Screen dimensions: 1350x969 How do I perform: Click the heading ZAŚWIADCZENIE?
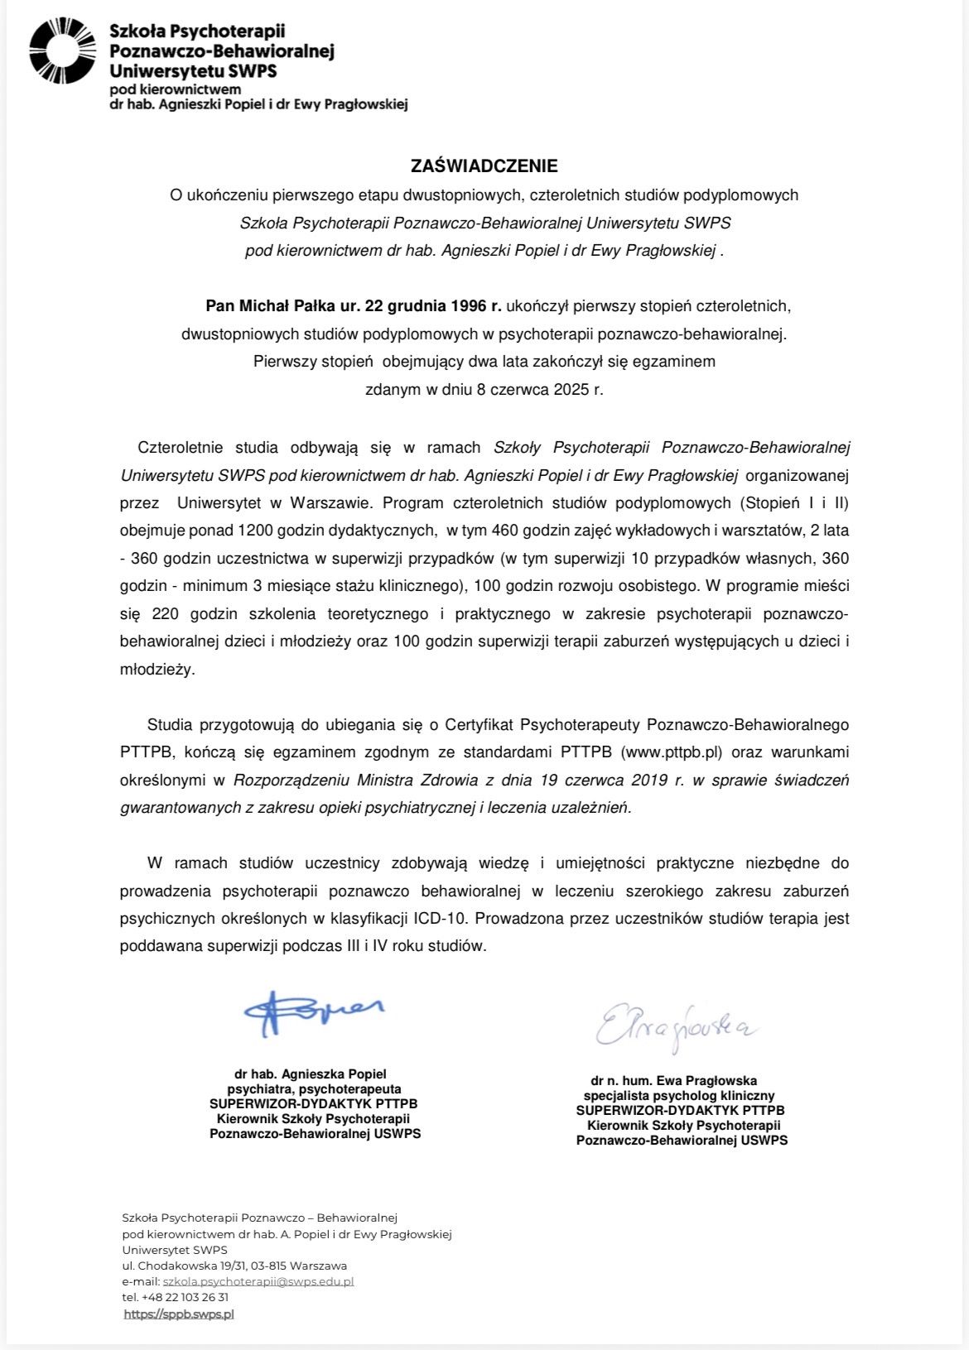tap(485, 166)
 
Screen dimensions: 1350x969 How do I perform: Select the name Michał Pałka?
tap(289, 305)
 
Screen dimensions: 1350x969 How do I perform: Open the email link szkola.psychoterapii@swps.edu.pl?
tap(258, 1280)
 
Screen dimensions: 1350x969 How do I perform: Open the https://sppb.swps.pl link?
tap(179, 1314)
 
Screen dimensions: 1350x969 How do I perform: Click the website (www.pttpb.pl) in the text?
tap(673, 752)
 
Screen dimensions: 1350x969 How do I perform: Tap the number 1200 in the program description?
tap(255, 530)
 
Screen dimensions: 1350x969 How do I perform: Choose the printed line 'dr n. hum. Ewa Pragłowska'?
tap(673, 1080)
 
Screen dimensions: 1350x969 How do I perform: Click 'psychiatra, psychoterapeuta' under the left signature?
tap(314, 1089)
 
